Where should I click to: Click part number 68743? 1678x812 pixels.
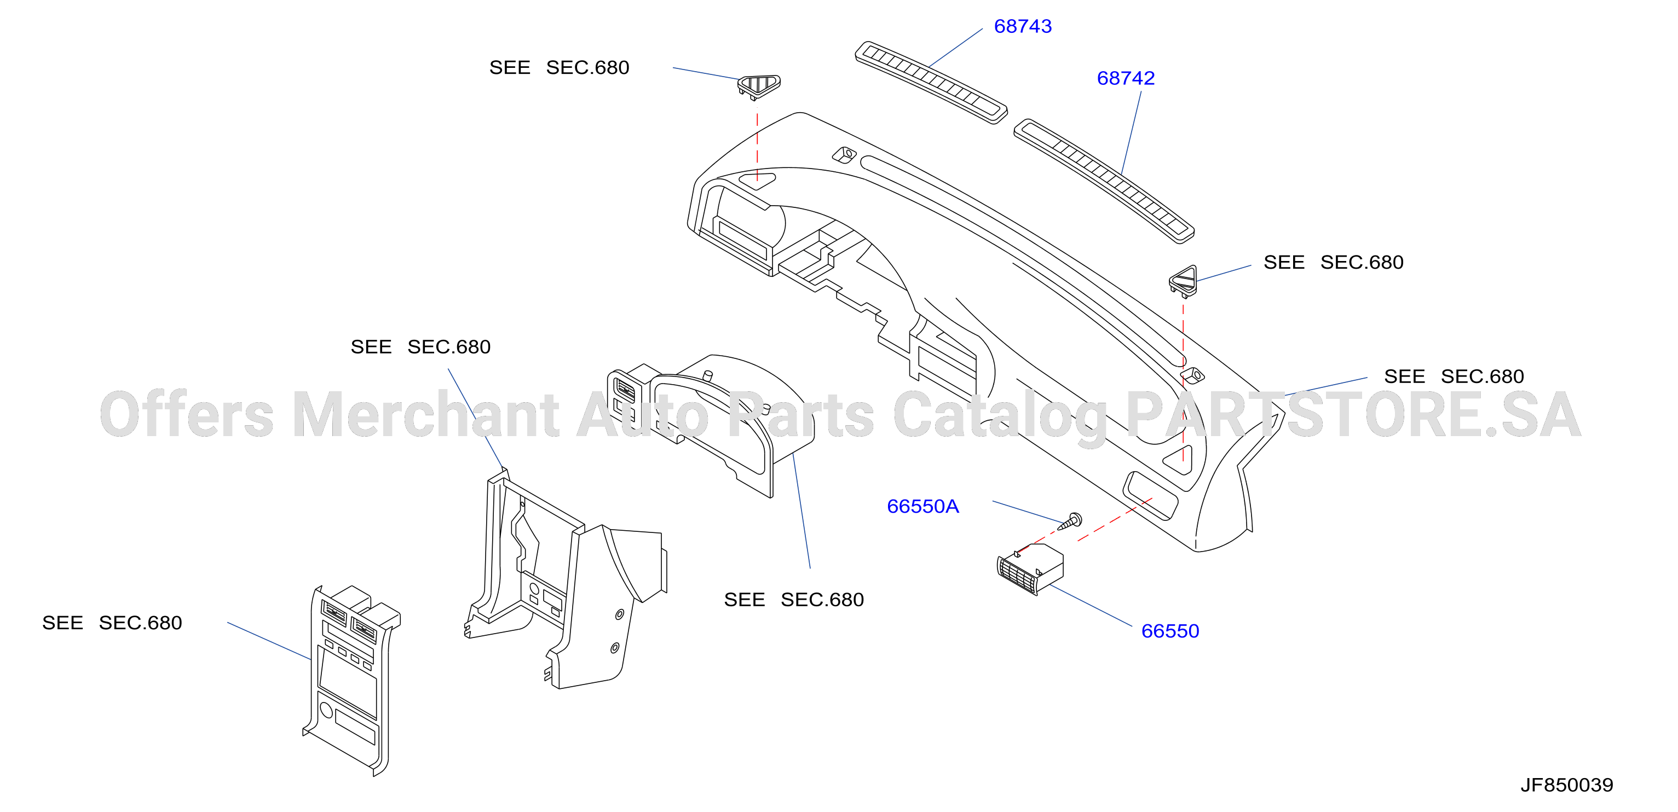1023,26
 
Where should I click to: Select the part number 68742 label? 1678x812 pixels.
1126,78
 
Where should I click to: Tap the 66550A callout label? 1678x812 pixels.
923,506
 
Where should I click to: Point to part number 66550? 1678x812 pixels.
1170,631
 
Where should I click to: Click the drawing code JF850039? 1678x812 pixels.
1567,785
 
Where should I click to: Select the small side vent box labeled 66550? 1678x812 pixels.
1030,569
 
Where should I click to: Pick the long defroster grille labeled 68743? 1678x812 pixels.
931,82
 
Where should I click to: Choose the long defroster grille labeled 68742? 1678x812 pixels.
1104,181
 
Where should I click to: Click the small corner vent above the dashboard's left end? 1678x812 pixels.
759,86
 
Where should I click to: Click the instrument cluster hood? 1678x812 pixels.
711,424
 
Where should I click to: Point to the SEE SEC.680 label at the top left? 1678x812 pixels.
559,68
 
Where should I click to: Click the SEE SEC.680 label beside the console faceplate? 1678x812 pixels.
112,623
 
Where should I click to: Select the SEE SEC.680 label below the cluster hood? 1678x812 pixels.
793,600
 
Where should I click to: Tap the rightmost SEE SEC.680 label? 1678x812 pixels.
1454,376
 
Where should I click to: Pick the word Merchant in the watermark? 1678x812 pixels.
425,414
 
